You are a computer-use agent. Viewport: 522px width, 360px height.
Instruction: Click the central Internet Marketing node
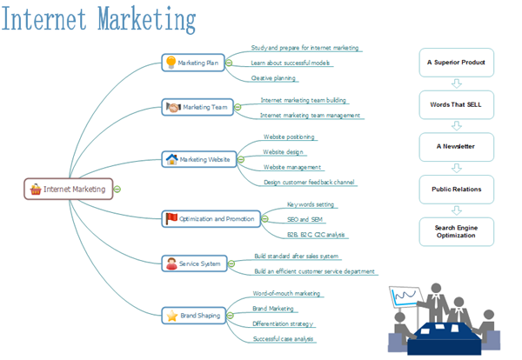(x=69, y=189)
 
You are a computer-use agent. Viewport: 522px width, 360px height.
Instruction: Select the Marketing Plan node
(x=193, y=63)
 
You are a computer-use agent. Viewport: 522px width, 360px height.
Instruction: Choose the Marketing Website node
(x=198, y=159)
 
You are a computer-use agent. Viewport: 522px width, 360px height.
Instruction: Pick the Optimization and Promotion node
(x=211, y=219)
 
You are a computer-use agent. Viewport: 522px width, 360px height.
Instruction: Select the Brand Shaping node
(x=193, y=316)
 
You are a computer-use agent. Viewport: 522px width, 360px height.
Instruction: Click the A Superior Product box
(x=456, y=63)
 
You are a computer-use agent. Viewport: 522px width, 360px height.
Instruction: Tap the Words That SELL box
(x=456, y=104)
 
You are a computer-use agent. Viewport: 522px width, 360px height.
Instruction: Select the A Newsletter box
(x=456, y=146)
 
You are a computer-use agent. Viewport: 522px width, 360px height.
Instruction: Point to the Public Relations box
(x=456, y=189)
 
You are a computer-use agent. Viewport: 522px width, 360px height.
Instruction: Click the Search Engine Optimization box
(x=456, y=231)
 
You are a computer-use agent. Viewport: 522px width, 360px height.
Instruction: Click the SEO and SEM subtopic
(x=304, y=219)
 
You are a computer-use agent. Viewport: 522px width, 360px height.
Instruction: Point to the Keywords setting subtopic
(x=311, y=204)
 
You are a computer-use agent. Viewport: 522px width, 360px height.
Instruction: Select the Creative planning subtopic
(x=273, y=77)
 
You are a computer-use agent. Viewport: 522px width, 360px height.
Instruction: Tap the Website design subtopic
(x=283, y=151)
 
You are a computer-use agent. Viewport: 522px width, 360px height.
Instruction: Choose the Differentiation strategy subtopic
(x=282, y=323)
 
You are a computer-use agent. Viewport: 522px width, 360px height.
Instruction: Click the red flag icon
(x=171, y=218)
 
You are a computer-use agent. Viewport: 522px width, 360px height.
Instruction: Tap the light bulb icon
(x=171, y=62)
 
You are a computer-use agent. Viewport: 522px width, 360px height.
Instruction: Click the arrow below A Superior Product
(x=456, y=83)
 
